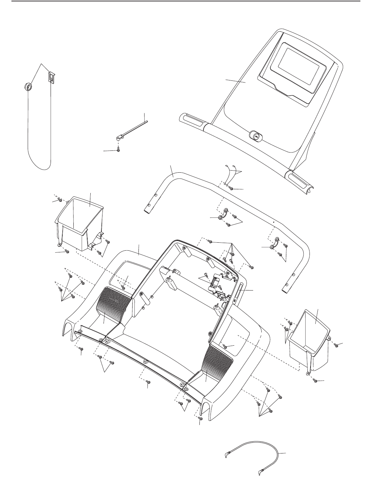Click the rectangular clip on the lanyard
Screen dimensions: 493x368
(x=51, y=78)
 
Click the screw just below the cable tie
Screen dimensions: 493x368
(x=118, y=149)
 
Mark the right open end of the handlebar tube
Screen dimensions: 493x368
(x=286, y=289)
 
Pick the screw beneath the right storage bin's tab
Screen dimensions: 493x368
(x=315, y=380)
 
